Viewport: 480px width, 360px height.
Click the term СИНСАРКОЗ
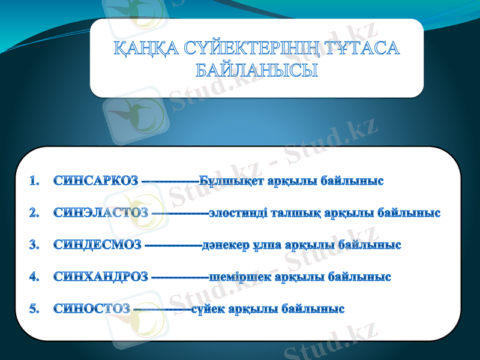pos(95,181)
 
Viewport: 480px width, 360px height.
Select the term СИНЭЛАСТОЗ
pos(100,213)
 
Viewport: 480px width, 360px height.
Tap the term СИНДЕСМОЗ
pos(97,245)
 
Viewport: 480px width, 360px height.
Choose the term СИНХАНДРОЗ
pos(100,277)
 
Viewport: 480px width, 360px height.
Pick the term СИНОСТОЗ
pos(91,309)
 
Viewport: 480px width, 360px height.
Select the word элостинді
pos(238,213)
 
